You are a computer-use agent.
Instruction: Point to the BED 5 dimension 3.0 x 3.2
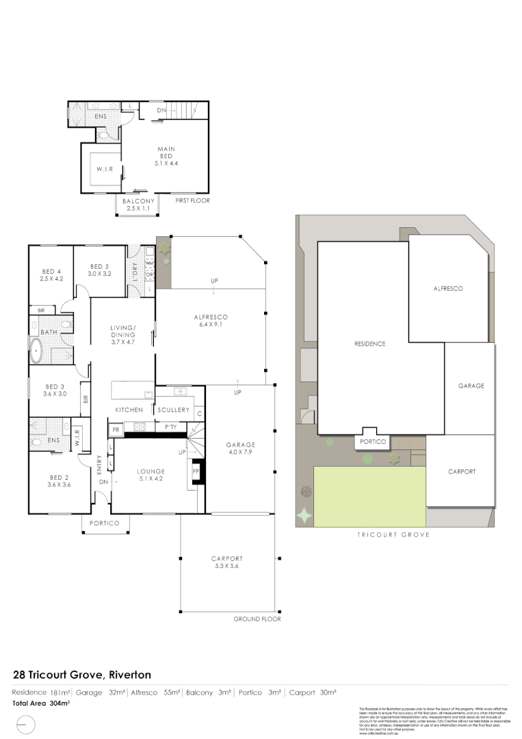tap(99, 274)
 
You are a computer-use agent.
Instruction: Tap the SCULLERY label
tap(173, 410)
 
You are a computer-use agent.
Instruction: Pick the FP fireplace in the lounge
tap(196, 472)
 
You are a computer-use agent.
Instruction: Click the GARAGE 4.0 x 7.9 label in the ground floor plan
tap(240, 449)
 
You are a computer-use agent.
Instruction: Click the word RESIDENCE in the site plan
tap(369, 343)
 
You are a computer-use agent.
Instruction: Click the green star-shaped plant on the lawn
tap(304, 515)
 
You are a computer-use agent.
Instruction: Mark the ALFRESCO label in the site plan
tap(448, 289)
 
